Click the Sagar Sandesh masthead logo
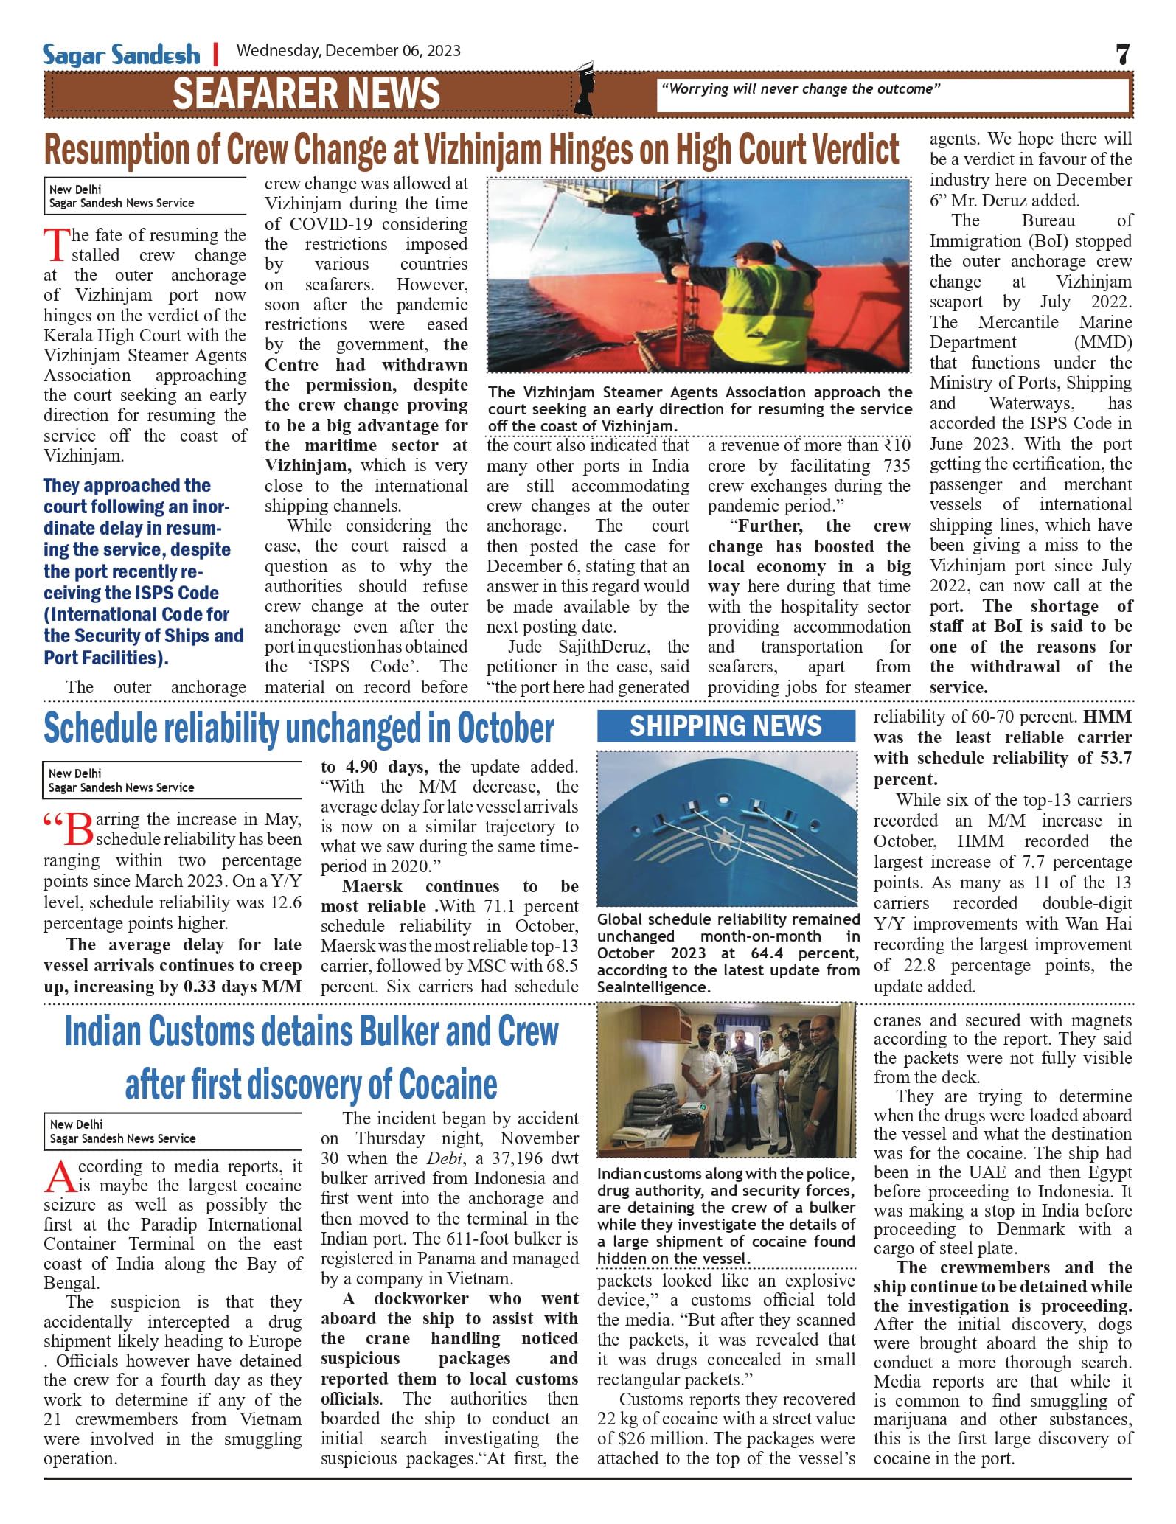122,55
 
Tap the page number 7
1122,55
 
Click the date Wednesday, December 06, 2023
348,51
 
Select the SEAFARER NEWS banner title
306,94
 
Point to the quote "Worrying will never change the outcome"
801,89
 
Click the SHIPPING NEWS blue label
726,726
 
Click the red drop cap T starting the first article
57,246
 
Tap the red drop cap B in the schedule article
79,829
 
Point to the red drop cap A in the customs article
60,1177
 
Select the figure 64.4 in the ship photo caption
767,953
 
